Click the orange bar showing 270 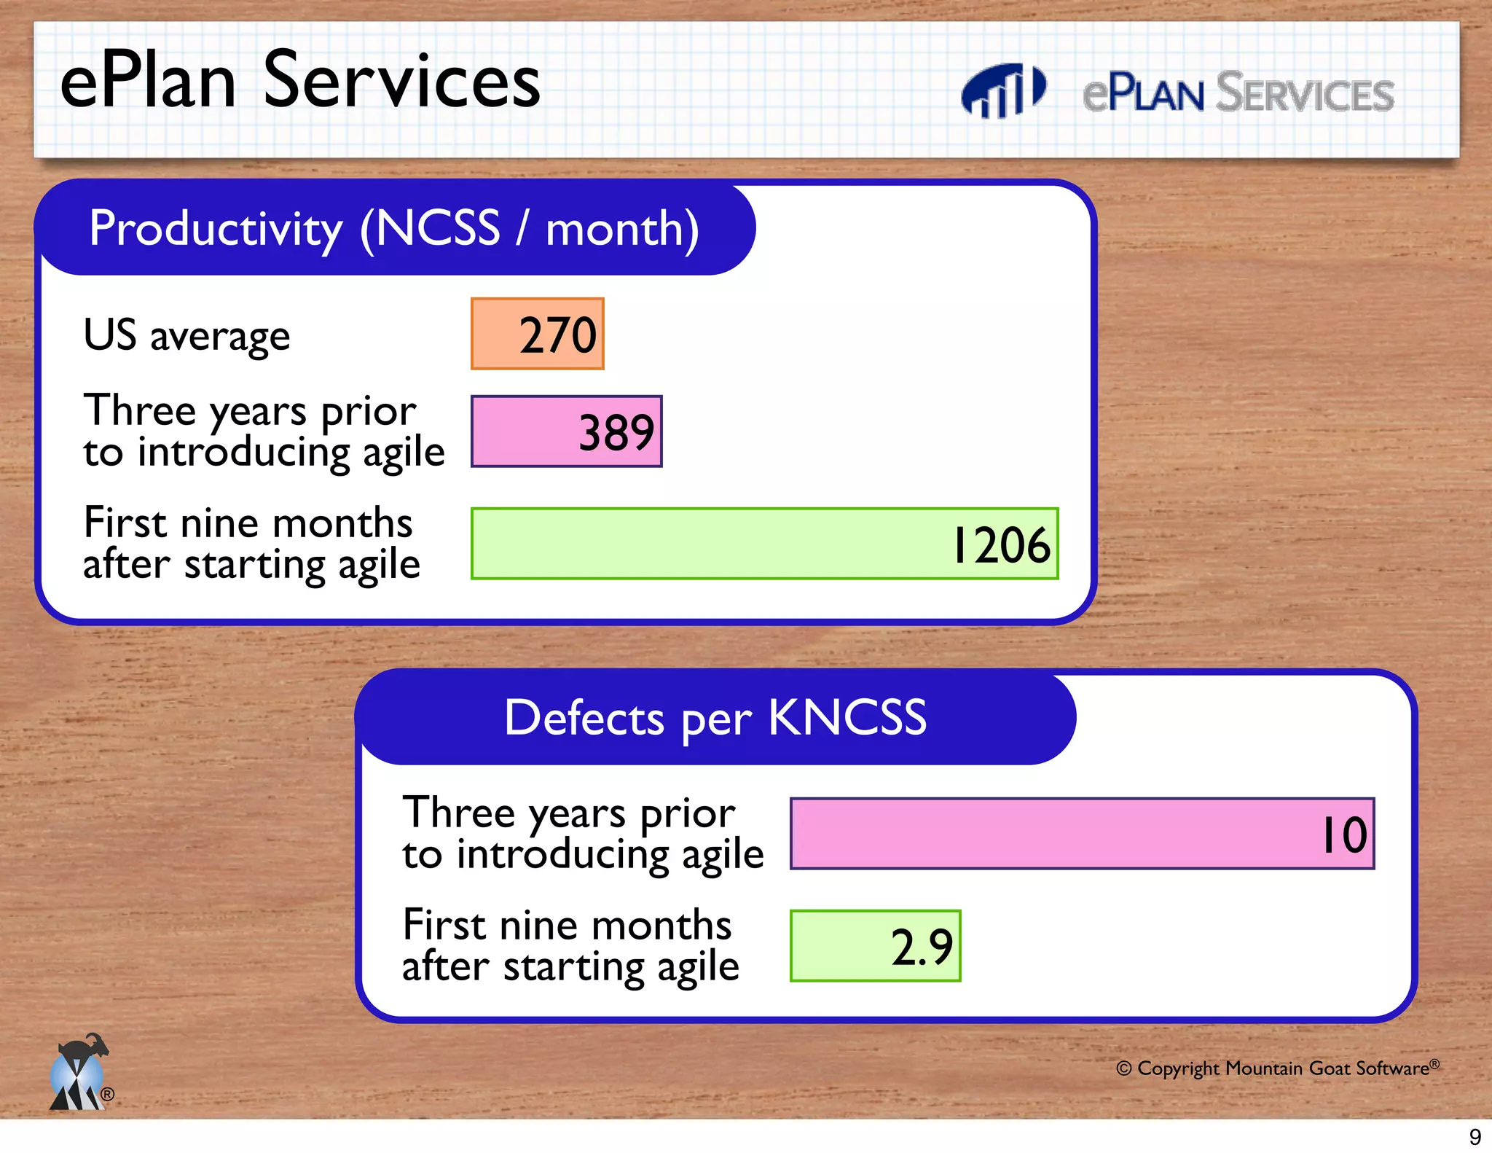[x=537, y=334]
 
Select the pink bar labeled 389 [x=566, y=431]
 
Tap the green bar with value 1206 [x=763, y=544]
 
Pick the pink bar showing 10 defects [x=1082, y=834]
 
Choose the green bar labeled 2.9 [x=875, y=946]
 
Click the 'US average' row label [x=186, y=336]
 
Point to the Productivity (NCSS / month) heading [x=394, y=229]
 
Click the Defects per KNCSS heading [x=715, y=718]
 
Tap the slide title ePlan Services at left [x=299, y=80]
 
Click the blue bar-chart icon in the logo [x=1002, y=91]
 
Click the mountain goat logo [x=79, y=1073]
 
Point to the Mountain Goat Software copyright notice [x=1277, y=1068]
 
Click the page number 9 [x=1475, y=1137]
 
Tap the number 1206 [x=1001, y=545]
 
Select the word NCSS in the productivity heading [x=437, y=229]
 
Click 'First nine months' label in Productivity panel [x=248, y=523]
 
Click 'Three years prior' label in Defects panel [x=568, y=813]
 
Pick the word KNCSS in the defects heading [x=847, y=718]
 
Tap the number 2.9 [x=921, y=947]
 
